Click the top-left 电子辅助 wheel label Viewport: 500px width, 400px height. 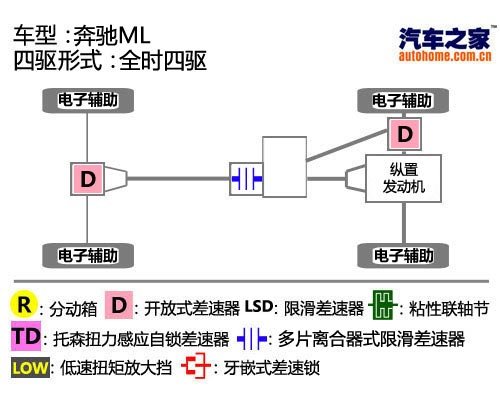(88, 101)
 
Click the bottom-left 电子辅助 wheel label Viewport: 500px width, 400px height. (88, 255)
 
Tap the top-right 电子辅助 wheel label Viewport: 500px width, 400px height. (402, 101)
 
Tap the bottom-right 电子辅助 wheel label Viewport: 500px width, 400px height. (402, 255)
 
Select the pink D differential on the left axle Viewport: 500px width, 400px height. (88, 179)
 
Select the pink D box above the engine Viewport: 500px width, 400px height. (404, 133)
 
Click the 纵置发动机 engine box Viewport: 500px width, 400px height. (404, 179)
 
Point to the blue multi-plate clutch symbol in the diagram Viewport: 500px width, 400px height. (246, 179)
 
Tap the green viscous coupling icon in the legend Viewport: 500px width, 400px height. (381, 304)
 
